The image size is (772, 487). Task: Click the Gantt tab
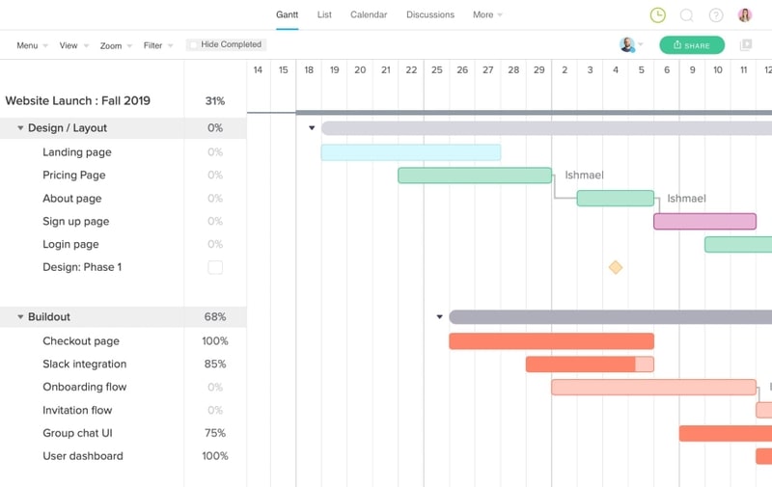tap(287, 14)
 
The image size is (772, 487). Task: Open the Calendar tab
tap(369, 14)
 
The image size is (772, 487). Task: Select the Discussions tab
tap(430, 14)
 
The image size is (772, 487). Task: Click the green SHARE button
tap(692, 45)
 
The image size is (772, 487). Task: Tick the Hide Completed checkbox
tap(194, 44)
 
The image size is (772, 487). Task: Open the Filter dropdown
tap(157, 45)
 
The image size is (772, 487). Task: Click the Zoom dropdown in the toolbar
tap(115, 45)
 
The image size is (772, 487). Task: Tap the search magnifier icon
tap(686, 15)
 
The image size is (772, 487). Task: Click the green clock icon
tap(657, 15)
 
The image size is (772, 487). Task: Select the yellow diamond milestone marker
tap(615, 267)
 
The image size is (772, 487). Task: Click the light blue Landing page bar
tap(410, 152)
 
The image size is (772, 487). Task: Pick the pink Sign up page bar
tap(704, 222)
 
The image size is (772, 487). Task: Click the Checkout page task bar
tap(551, 341)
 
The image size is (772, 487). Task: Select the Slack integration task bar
tap(590, 365)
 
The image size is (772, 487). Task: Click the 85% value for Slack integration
tap(214, 365)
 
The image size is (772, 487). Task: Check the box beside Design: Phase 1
tap(215, 267)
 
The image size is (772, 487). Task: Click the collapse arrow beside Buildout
tap(20, 317)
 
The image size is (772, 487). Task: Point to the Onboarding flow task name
tap(84, 387)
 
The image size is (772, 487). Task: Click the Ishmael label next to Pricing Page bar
tap(584, 176)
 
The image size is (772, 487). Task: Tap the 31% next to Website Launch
tap(214, 101)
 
